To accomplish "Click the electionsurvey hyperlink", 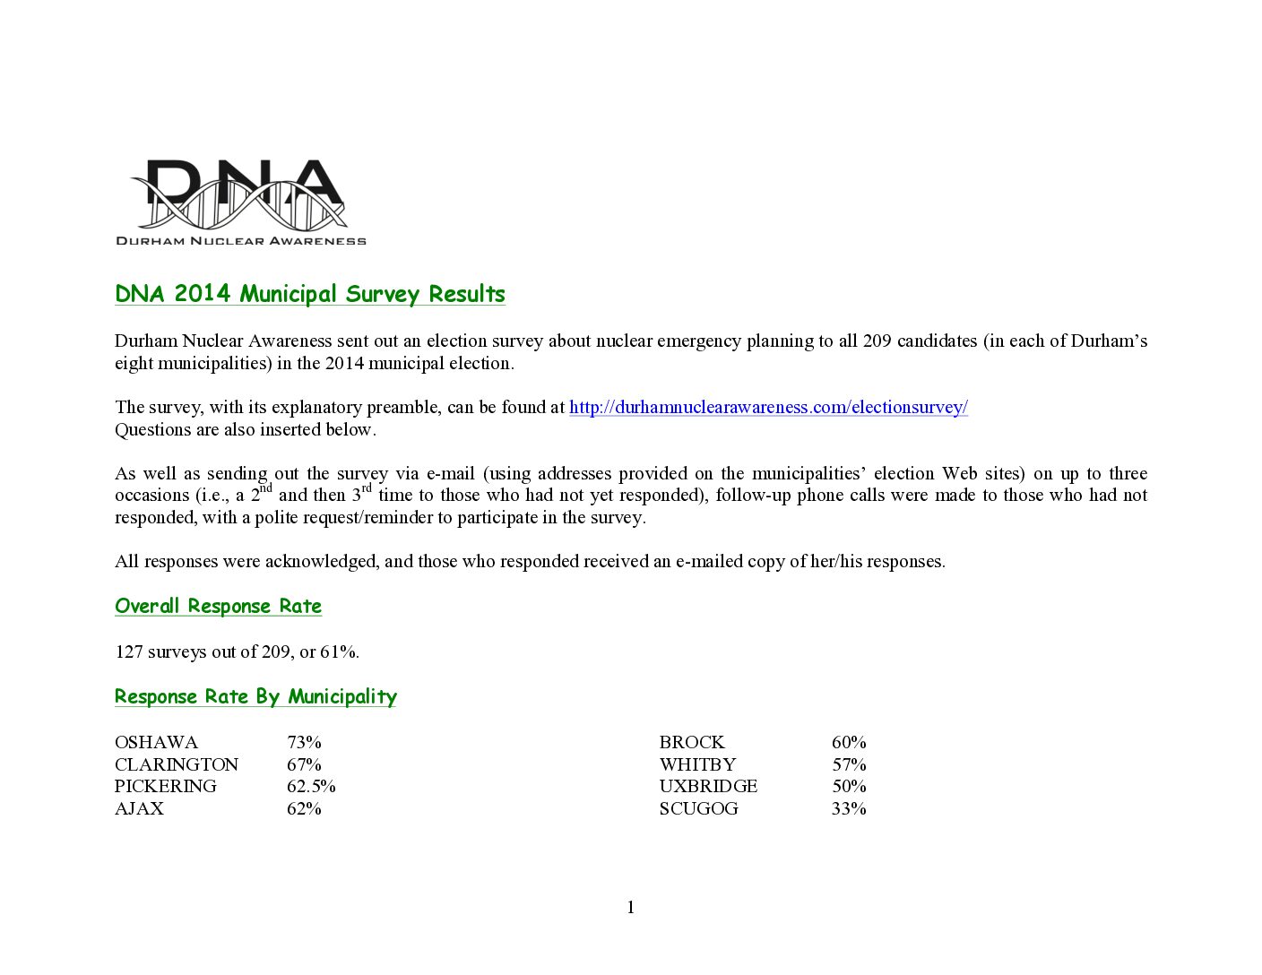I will tap(768, 408).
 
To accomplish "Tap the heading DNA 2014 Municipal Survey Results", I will tap(310, 294).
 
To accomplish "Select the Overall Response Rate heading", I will tap(218, 607).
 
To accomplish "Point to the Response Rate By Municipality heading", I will tap(255, 697).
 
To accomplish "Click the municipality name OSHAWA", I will tap(156, 743).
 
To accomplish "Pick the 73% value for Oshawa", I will tap(304, 743).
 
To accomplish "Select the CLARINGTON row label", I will tap(177, 765).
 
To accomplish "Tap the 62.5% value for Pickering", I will tap(311, 787).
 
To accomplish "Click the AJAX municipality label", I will tap(139, 809).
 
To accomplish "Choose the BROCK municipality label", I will tap(692, 743).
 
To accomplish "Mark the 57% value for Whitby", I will tap(849, 765).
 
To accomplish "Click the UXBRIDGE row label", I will tap(708, 787).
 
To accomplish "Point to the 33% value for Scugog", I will tap(849, 809).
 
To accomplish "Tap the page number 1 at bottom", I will tap(631, 908).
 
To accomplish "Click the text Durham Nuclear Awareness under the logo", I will tap(241, 240).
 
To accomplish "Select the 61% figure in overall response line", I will tap(339, 652).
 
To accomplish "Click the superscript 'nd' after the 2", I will tap(266, 488).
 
